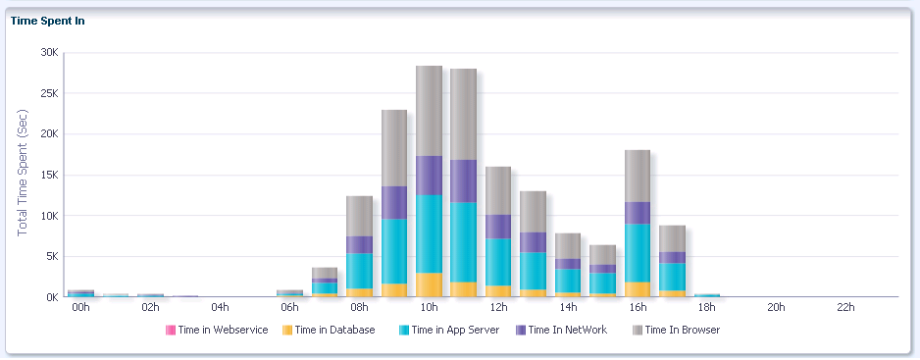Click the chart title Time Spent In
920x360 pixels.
click(47, 21)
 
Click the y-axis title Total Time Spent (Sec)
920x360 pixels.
click(23, 172)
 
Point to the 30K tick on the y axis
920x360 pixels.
click(48, 53)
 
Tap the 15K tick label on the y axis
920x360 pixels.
click(48, 176)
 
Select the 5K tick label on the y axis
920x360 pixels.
click(51, 257)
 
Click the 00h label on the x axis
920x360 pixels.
click(80, 308)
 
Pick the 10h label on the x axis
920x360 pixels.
click(429, 308)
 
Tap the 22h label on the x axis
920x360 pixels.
click(845, 308)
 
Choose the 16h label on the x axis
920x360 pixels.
click(638, 308)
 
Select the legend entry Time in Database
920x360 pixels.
click(334, 331)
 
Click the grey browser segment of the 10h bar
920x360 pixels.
click(429, 110)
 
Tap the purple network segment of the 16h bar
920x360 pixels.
click(638, 213)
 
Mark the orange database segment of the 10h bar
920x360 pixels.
click(429, 284)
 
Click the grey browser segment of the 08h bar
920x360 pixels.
click(359, 216)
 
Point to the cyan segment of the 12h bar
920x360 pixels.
click(498, 262)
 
